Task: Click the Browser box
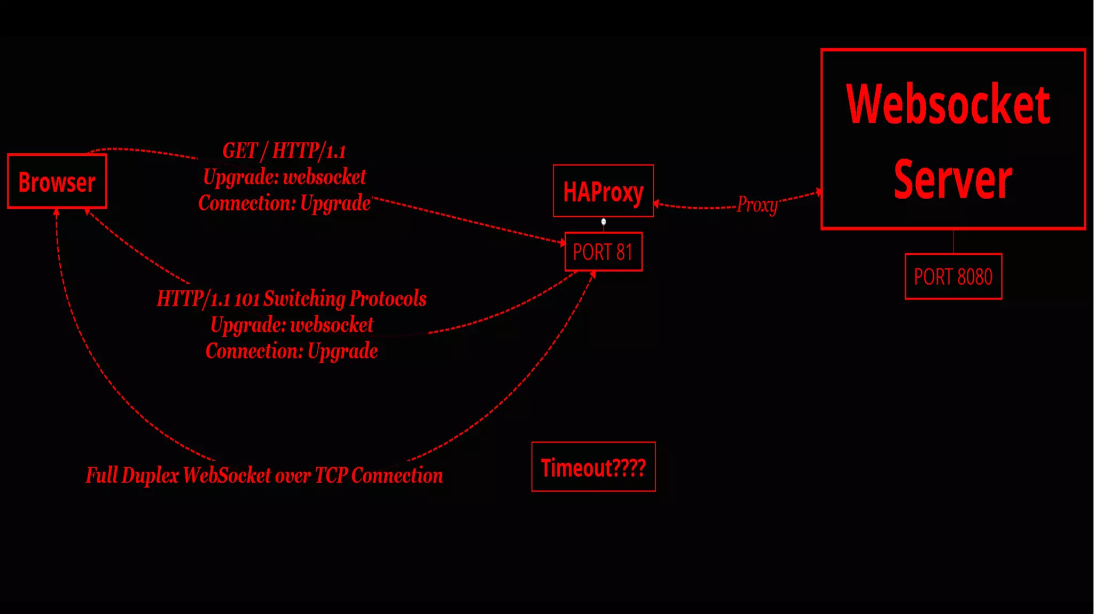57,182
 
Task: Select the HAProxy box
603,191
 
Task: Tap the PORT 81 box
603,252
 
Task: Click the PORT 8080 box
953,277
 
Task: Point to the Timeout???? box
593,467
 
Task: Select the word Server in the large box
953,179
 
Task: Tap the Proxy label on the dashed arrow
757,204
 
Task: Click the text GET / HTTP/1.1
284,151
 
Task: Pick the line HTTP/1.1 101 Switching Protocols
292,298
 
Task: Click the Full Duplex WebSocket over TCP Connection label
264,475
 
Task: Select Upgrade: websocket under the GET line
284,177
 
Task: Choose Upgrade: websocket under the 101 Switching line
292,325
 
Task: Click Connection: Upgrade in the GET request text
284,203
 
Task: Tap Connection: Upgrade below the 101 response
292,351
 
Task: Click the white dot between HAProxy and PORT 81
604,222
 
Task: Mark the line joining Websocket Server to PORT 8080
954,241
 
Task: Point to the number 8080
975,277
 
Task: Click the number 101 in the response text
246,299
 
